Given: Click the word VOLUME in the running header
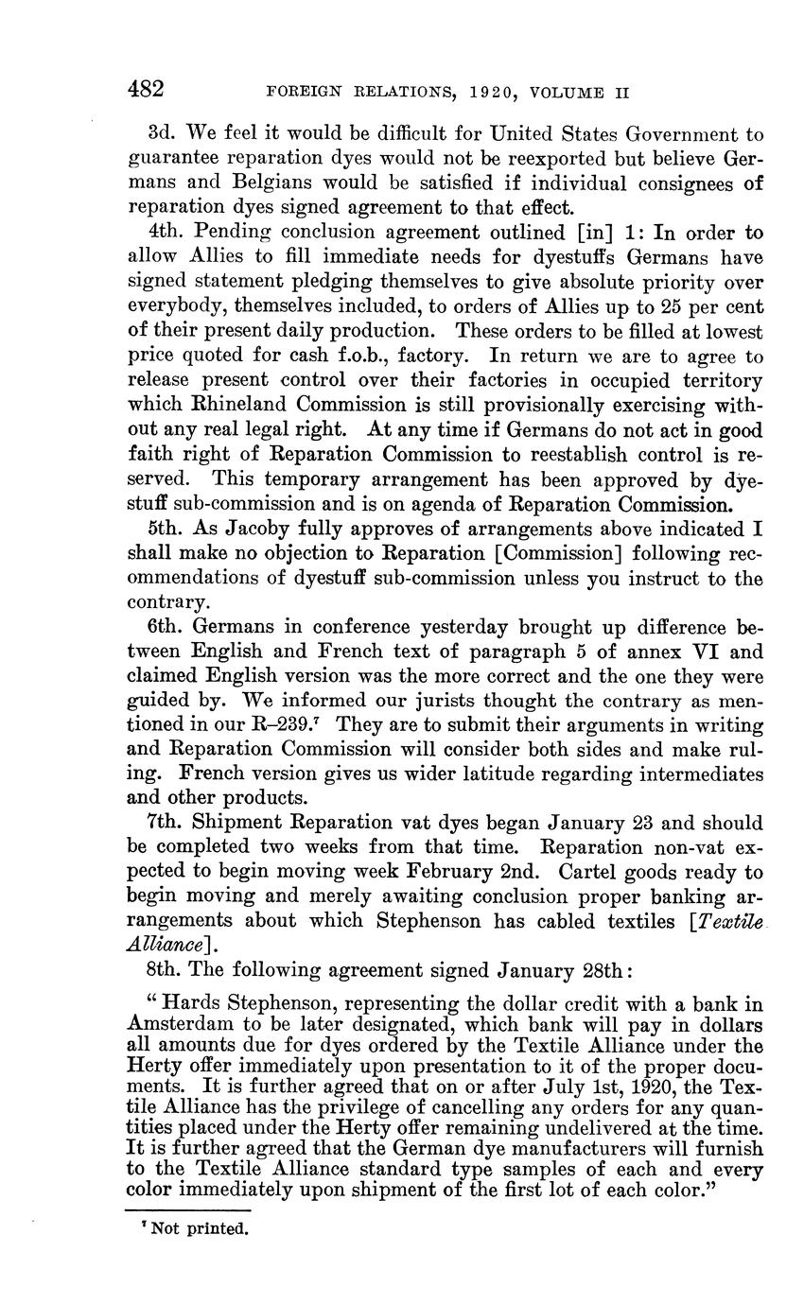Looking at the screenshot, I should (x=568, y=93).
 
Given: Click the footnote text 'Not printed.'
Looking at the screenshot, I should (x=199, y=1230).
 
